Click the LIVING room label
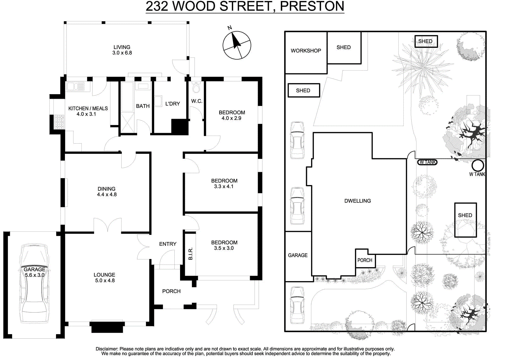point(122,47)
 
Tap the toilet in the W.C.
point(196,87)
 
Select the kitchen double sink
point(75,87)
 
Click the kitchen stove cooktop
point(59,122)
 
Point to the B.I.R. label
point(191,254)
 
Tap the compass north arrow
point(236,41)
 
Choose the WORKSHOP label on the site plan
point(306,51)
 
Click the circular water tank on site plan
point(478,165)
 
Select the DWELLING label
point(358,201)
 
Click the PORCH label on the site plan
point(365,260)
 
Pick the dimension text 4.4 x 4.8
point(107,194)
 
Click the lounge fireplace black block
point(107,327)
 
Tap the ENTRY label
point(168,244)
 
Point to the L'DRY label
point(172,104)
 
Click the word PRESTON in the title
point(312,6)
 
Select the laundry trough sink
point(158,101)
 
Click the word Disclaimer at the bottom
point(107,349)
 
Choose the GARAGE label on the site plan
point(298,255)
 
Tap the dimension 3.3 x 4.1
point(224,187)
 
